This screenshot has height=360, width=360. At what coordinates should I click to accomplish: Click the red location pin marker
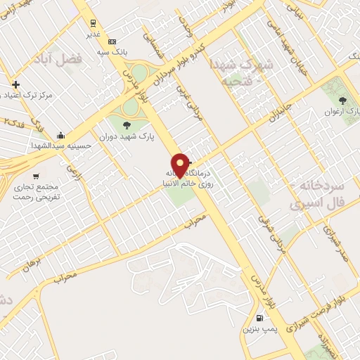(x=181, y=165)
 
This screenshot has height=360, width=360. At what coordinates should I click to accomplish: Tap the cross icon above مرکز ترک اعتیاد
(x=15, y=84)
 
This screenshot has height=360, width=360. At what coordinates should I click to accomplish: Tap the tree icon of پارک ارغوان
(x=343, y=101)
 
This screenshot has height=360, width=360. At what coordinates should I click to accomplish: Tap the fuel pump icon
(x=261, y=318)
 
